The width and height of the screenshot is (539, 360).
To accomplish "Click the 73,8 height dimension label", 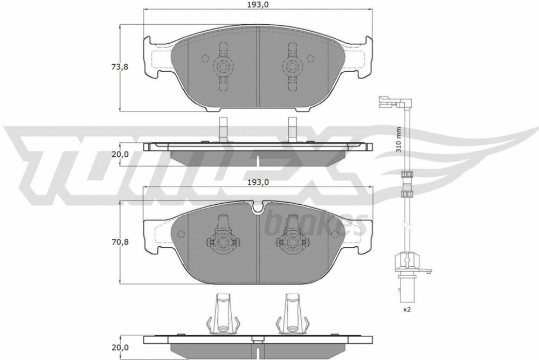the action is pos(120,67).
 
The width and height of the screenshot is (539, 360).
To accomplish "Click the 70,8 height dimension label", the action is pos(120,242).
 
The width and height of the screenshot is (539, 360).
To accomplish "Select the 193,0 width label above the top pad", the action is pos(258,4).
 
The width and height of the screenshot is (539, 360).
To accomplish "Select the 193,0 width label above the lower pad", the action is pos(258,182).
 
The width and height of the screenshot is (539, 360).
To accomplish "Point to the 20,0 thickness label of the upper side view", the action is pos(120,154).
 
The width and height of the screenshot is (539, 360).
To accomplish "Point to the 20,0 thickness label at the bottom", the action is pos(120,348).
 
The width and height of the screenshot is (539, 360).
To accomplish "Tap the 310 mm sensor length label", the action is pos(398,140).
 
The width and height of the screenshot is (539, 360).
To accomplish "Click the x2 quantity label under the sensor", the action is pos(406,309).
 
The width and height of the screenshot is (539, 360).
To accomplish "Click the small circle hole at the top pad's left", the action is pos(205,58).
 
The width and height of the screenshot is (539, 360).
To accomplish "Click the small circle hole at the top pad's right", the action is pos(310,58).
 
